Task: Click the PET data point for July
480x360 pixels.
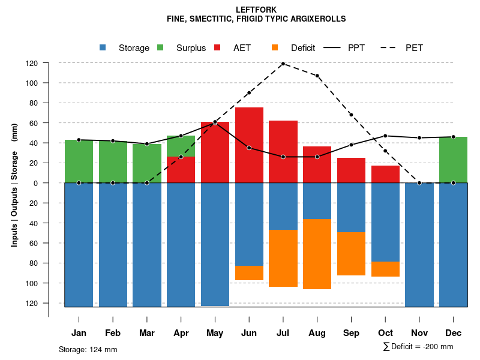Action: pyautogui.click(x=283, y=64)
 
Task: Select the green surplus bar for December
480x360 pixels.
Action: pyautogui.click(x=453, y=160)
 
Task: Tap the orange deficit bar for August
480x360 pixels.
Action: pyautogui.click(x=317, y=254)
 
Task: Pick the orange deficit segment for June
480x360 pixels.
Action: pyautogui.click(x=249, y=273)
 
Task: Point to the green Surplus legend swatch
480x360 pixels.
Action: pyautogui.click(x=161, y=48)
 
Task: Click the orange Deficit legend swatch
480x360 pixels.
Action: pyautogui.click(x=275, y=48)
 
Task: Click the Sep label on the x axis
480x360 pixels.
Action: pyautogui.click(x=351, y=333)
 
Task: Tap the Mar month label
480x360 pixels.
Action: pyautogui.click(x=147, y=333)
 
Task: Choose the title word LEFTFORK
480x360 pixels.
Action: pyautogui.click(x=256, y=10)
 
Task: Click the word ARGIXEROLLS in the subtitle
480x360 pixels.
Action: pyautogui.click(x=317, y=19)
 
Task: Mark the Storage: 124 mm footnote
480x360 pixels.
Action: pyautogui.click(x=88, y=349)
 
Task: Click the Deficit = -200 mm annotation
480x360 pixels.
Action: pyautogui.click(x=418, y=347)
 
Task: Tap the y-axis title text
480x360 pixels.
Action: pyautogui.click(x=14, y=185)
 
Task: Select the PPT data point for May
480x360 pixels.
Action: pyautogui.click(x=215, y=122)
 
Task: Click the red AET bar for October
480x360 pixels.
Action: pyautogui.click(x=385, y=174)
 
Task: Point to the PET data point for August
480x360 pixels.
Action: pyautogui.click(x=317, y=76)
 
